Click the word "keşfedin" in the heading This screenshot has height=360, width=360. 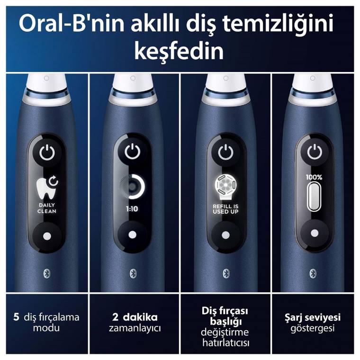pyautogui.click(x=179, y=51)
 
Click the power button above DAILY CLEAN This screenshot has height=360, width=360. pyautogui.click(x=47, y=153)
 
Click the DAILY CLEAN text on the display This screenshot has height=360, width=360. pyautogui.click(x=47, y=207)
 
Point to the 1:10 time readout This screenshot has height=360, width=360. pyautogui.click(x=132, y=208)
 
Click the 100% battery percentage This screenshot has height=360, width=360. pyautogui.click(x=314, y=177)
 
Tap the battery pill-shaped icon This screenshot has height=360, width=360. pyautogui.click(x=314, y=197)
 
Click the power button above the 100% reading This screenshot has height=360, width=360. pyautogui.click(x=314, y=153)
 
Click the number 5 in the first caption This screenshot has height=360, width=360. pyautogui.click(x=17, y=317)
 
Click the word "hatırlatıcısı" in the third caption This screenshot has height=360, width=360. pyautogui.click(x=225, y=342)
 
